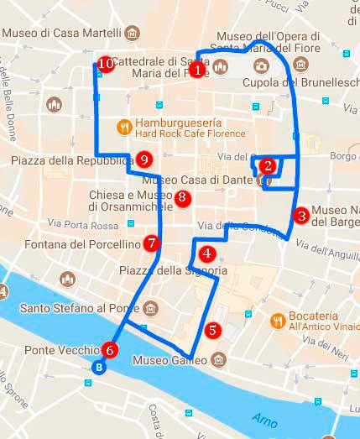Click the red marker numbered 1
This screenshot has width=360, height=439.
point(197,71)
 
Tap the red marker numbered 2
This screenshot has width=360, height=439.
point(267,165)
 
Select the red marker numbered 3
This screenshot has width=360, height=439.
point(301,215)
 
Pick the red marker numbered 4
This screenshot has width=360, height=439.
point(206,252)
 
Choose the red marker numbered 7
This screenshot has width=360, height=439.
point(151,243)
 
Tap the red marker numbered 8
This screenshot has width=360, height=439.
point(182,198)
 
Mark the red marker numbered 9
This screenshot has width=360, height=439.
point(144,159)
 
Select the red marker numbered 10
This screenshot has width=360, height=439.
point(106,63)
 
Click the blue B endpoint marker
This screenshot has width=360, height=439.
point(99,367)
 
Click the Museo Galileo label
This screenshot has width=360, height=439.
point(170,361)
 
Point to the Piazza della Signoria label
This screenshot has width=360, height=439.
point(173,270)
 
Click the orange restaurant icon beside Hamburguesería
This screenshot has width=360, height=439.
point(124,127)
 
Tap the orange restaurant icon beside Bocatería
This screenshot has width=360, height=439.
point(276,320)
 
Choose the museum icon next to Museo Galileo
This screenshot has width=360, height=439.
point(218,361)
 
